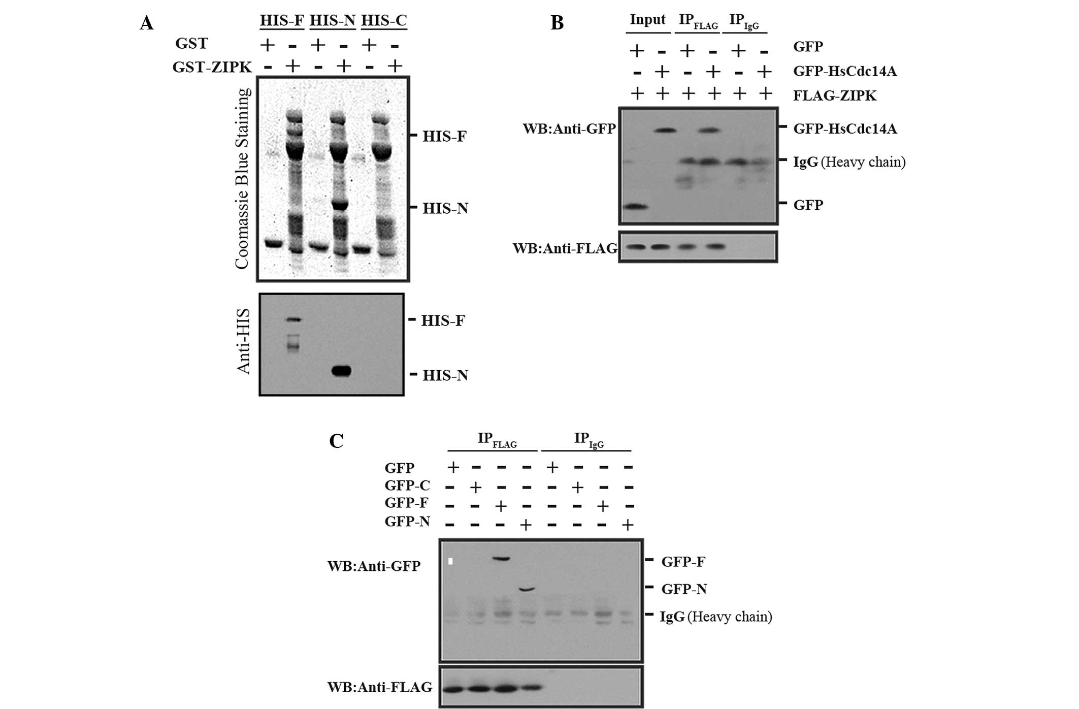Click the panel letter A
(147, 23)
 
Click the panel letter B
(557, 23)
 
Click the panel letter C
(336, 440)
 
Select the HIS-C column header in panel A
(384, 20)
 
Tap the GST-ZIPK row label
(212, 67)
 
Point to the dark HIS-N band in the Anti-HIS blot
(341, 371)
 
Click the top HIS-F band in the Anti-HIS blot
(293, 319)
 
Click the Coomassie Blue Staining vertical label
(242, 178)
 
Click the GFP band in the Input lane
(635, 207)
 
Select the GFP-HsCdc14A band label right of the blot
(845, 129)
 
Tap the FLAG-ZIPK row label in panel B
(835, 95)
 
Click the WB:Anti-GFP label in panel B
(569, 129)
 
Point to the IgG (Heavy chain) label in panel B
(849, 162)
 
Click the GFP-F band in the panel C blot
(501, 559)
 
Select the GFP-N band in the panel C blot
(527, 589)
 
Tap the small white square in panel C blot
(450, 561)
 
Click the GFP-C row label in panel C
(407, 486)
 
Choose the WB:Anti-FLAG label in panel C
(379, 687)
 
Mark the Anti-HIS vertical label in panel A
(244, 341)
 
